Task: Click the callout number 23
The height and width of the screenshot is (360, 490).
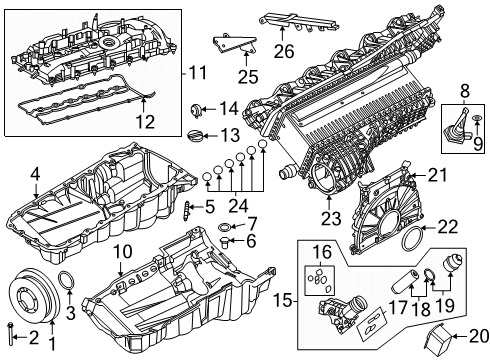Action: point(331,219)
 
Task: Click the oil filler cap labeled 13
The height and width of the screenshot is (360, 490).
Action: point(194,136)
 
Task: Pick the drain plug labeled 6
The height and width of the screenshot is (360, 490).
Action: point(225,241)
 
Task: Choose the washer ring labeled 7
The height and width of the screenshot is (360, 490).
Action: point(224,227)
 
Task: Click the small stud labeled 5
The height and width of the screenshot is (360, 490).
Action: point(187,211)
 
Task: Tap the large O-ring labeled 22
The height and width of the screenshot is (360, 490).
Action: point(412,239)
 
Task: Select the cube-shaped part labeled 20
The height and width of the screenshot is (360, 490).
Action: point(438,341)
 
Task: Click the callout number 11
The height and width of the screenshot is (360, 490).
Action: point(197,72)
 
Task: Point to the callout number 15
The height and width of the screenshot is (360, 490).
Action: point(283,301)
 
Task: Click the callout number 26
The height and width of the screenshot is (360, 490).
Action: point(284,51)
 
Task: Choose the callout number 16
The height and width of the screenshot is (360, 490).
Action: point(322,253)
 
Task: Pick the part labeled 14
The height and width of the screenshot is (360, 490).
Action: point(196,110)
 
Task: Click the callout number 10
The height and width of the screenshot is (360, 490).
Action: point(123,252)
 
